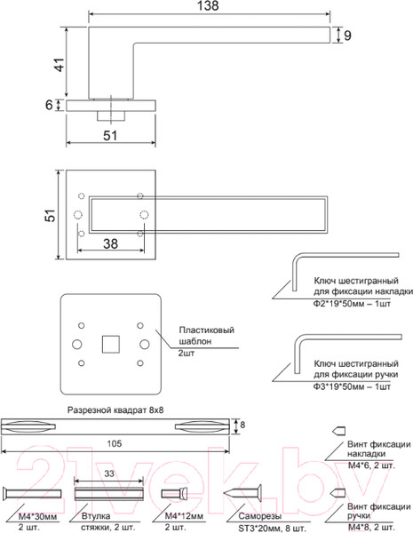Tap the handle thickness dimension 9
point(348,36)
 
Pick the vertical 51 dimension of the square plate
point(51,214)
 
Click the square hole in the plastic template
point(110,342)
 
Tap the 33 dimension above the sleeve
point(108,474)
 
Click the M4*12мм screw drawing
point(175,494)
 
